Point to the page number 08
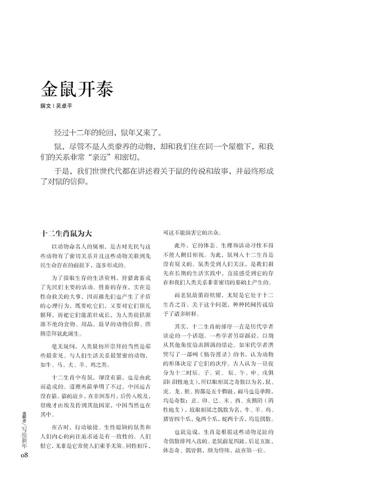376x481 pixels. pos(24,455)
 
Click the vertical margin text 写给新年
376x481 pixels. pos(24,435)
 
